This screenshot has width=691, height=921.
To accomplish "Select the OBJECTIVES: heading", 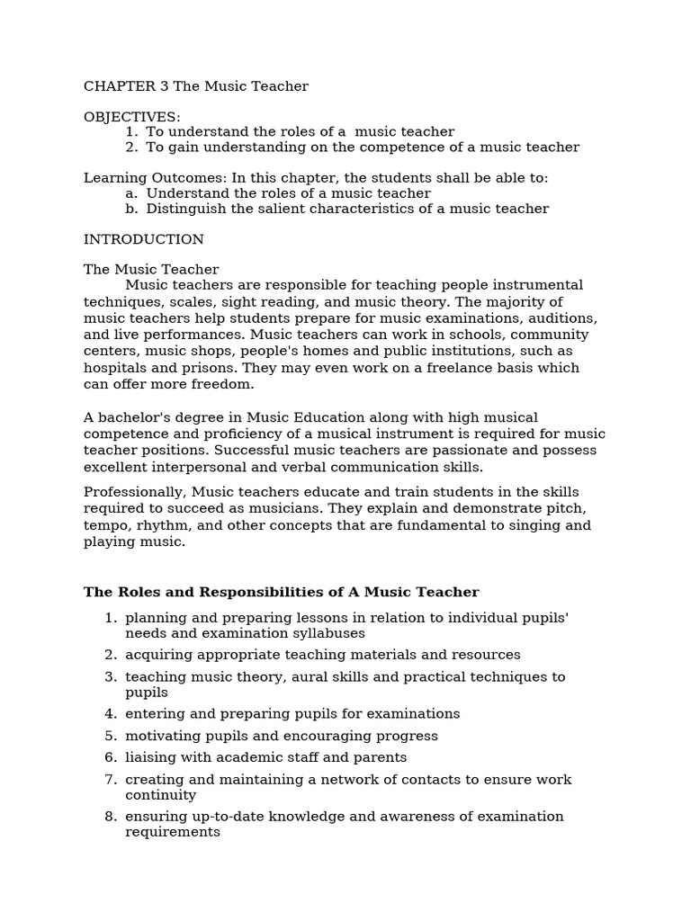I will pyautogui.click(x=132, y=117).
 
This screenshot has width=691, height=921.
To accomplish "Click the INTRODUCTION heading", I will pyautogui.click(x=144, y=239).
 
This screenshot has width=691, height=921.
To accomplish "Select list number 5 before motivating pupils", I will pyautogui.click(x=111, y=736).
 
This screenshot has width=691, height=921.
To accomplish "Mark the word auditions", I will pyautogui.click(x=561, y=318).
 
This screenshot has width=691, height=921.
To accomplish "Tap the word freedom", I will pyautogui.click(x=225, y=384).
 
